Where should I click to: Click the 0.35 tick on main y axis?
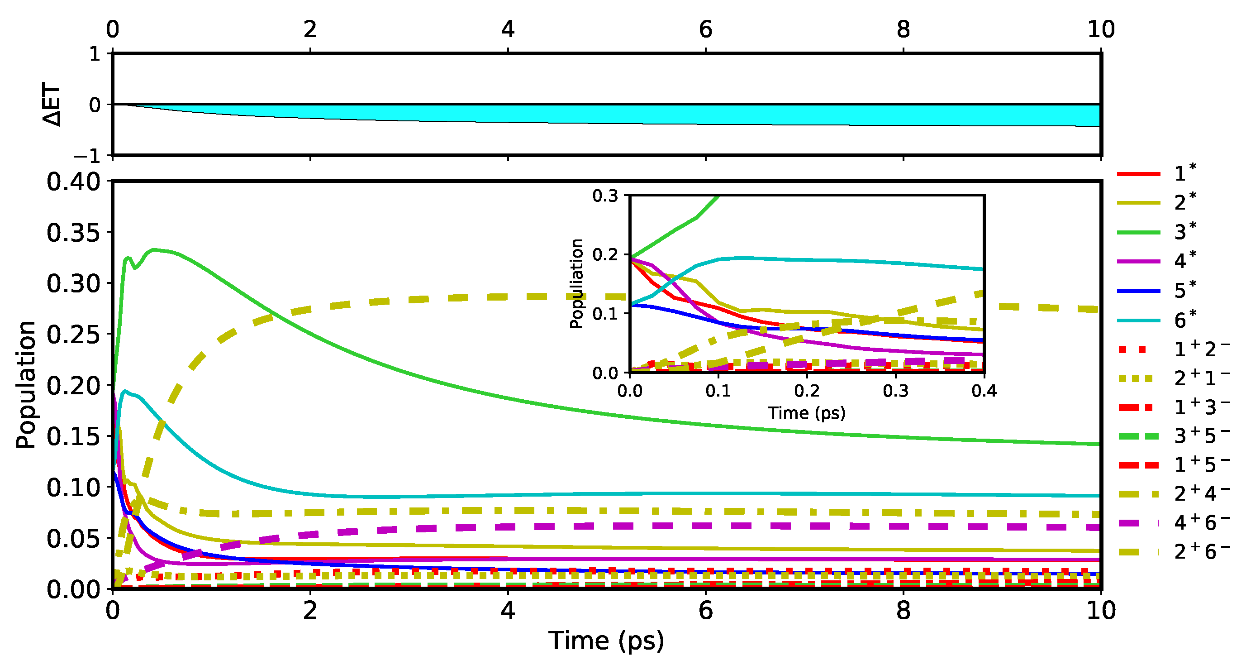pyautogui.click(x=73, y=233)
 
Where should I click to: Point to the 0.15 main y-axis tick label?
pyautogui.click(x=73, y=436)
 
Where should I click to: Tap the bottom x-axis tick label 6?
pyautogui.click(x=705, y=611)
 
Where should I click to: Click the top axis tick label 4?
pyautogui.click(x=507, y=29)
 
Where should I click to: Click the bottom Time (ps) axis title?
pyautogui.click(x=606, y=641)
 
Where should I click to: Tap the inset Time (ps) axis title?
pyautogui.click(x=806, y=413)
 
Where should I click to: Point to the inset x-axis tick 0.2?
pyautogui.click(x=807, y=391)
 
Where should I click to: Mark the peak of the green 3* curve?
pyautogui.click(x=153, y=250)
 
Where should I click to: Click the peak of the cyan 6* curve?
pyautogui.click(x=125, y=391)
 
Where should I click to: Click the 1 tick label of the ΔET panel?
pyautogui.click(x=94, y=54)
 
